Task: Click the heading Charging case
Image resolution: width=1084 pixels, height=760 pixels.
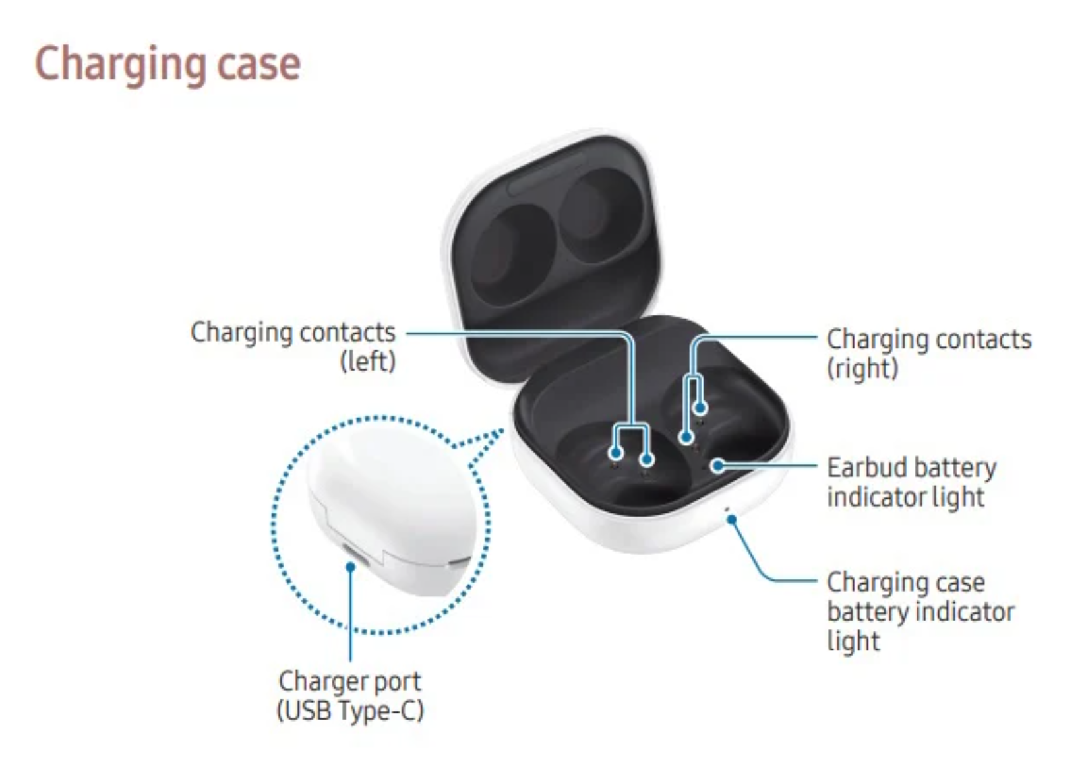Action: tap(167, 64)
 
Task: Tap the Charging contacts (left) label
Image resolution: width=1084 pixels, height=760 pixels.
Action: tap(293, 346)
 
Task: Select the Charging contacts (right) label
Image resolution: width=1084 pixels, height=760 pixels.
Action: tap(928, 353)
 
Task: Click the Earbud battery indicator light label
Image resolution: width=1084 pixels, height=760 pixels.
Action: tap(911, 482)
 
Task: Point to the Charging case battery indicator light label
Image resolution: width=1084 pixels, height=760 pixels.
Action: tap(920, 611)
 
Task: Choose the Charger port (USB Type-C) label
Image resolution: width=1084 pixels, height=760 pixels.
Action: tap(349, 695)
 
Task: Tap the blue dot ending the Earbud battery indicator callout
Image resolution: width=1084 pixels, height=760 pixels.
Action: tap(719, 466)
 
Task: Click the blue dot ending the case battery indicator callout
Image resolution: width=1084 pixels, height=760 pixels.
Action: tap(731, 520)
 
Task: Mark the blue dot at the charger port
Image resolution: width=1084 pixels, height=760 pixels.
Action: tap(351, 566)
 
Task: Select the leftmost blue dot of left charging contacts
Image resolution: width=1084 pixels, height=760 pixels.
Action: tap(616, 453)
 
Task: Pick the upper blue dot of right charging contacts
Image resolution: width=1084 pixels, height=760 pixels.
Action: tap(700, 407)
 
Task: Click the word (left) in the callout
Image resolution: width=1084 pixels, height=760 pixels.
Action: tap(367, 361)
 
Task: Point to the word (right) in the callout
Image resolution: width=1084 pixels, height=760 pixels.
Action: tap(862, 367)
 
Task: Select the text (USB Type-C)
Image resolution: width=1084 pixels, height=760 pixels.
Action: tap(349, 711)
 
